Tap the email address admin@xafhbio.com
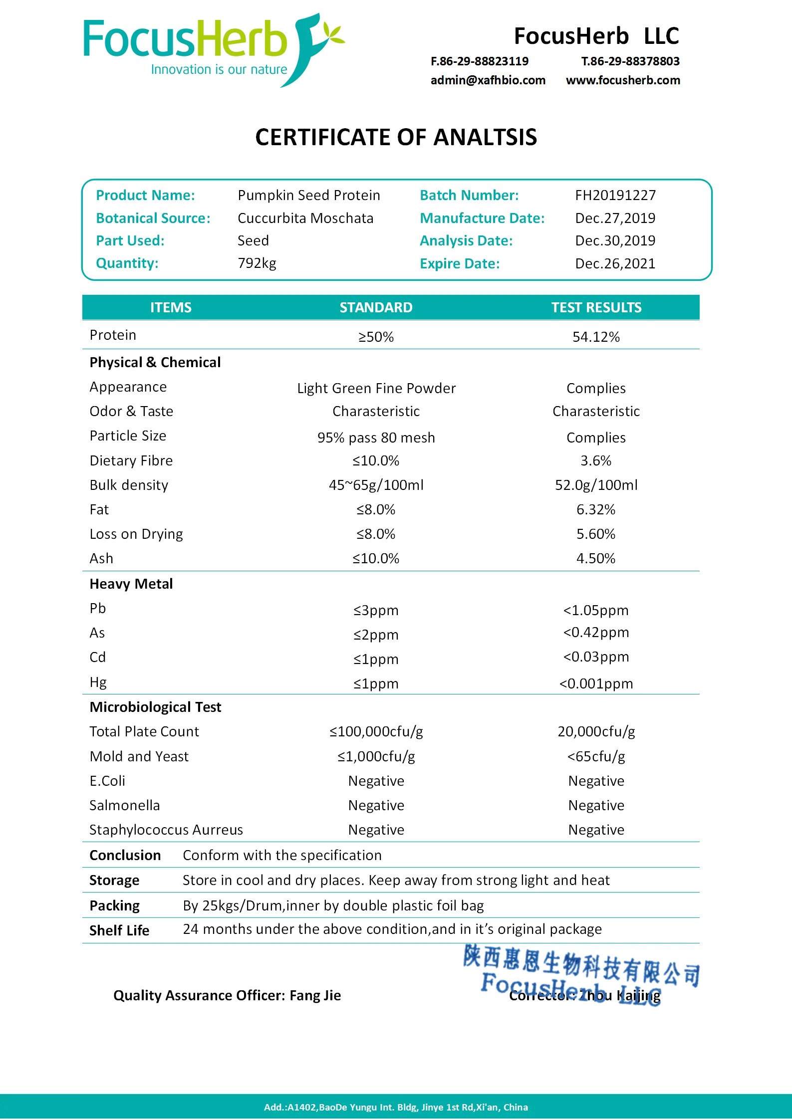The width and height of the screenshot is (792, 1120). [488, 80]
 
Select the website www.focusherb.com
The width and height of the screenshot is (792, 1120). [623, 80]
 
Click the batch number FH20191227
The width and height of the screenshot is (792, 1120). [615, 195]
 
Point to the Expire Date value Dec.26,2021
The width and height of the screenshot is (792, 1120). [615, 263]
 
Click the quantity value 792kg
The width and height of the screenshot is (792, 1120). [257, 263]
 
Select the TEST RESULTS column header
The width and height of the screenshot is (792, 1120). [596, 307]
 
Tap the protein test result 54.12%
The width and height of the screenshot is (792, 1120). [596, 337]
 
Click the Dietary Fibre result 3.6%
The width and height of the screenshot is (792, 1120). [596, 460]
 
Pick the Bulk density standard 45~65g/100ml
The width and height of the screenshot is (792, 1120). [376, 485]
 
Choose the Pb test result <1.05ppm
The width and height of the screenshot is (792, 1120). [596, 610]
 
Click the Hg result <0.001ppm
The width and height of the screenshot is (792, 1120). [596, 683]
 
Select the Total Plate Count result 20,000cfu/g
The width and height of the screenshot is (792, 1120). [596, 731]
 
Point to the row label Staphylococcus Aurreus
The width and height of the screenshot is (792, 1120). [166, 830]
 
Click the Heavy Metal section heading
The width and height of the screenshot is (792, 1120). [131, 584]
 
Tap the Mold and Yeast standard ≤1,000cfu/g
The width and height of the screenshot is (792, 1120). [376, 756]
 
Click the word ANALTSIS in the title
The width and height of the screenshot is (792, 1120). [485, 137]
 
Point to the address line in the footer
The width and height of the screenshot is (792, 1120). [396, 1107]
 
